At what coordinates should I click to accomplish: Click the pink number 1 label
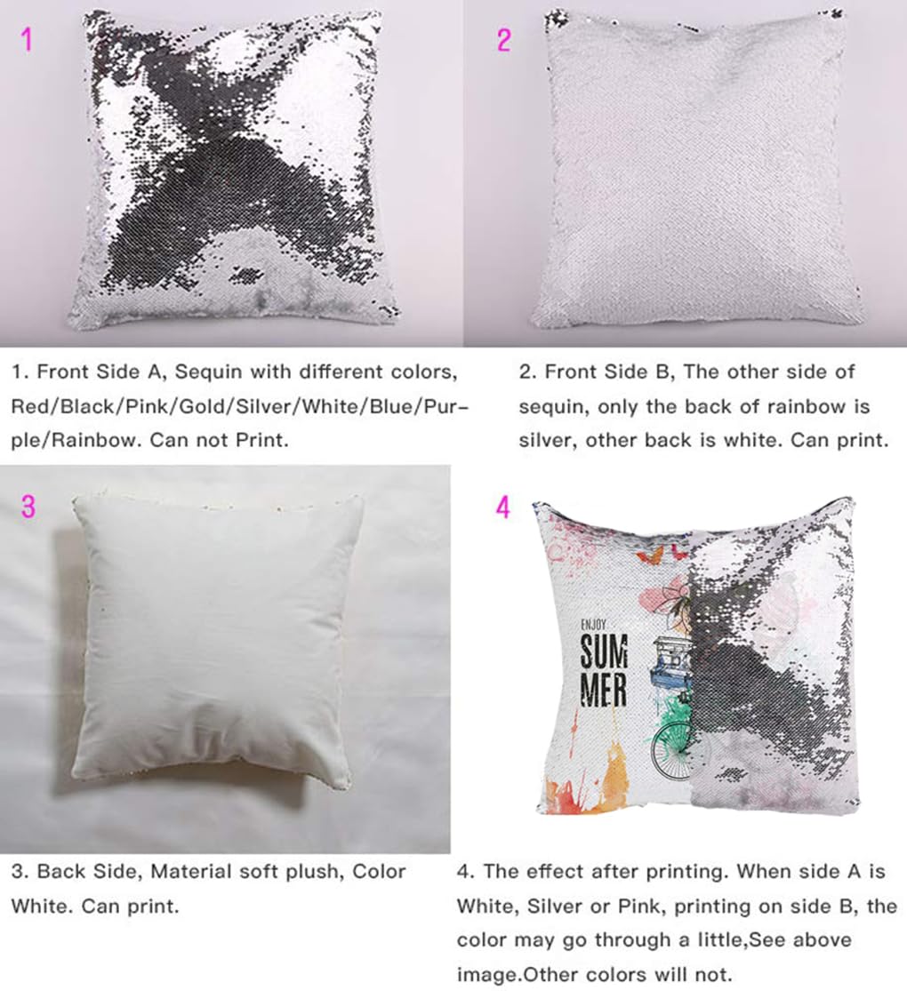tap(28, 40)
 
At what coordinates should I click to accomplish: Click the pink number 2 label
tap(504, 40)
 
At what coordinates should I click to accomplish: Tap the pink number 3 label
tap(28, 507)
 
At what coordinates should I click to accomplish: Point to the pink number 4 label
tap(503, 507)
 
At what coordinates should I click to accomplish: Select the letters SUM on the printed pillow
tap(604, 656)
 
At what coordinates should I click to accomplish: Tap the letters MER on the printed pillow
tap(604, 691)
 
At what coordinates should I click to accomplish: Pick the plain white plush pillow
tap(218, 640)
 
